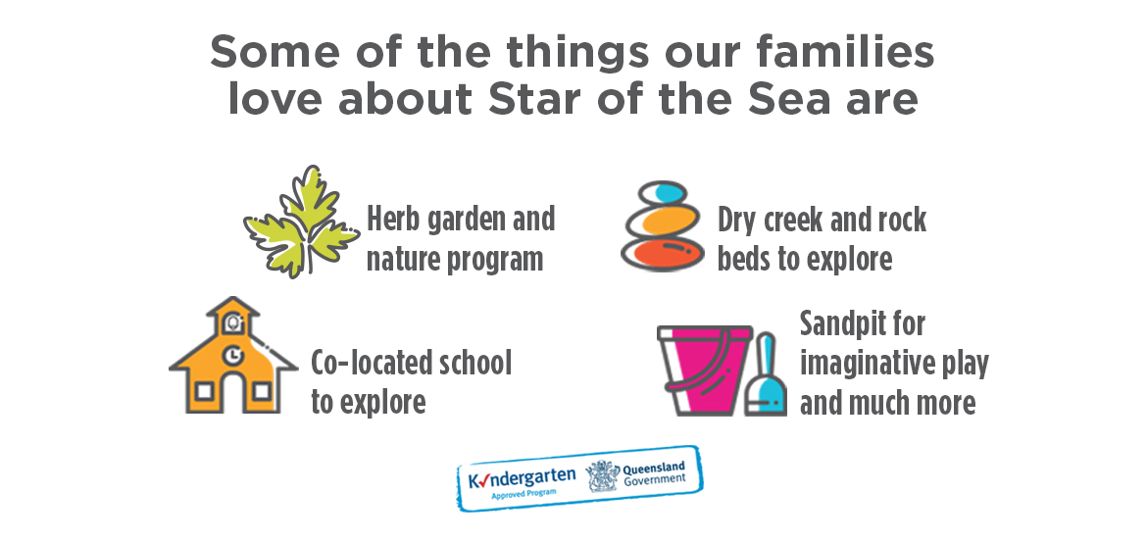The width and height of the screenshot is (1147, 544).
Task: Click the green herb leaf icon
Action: pyautogui.click(x=301, y=222)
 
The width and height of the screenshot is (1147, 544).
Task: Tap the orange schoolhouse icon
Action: pyautogui.click(x=232, y=355)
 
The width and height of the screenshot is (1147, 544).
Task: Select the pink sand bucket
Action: pyautogui.click(x=705, y=371)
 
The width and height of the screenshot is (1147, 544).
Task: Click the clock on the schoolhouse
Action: pyautogui.click(x=232, y=355)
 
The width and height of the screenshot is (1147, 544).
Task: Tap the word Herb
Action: pyautogui.click(x=390, y=219)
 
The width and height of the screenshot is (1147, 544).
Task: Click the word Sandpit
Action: pyautogui.click(x=863, y=323)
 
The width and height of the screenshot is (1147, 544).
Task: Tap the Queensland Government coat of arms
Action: pyautogui.click(x=603, y=476)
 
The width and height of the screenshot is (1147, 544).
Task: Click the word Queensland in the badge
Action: pyautogui.click(x=654, y=468)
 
